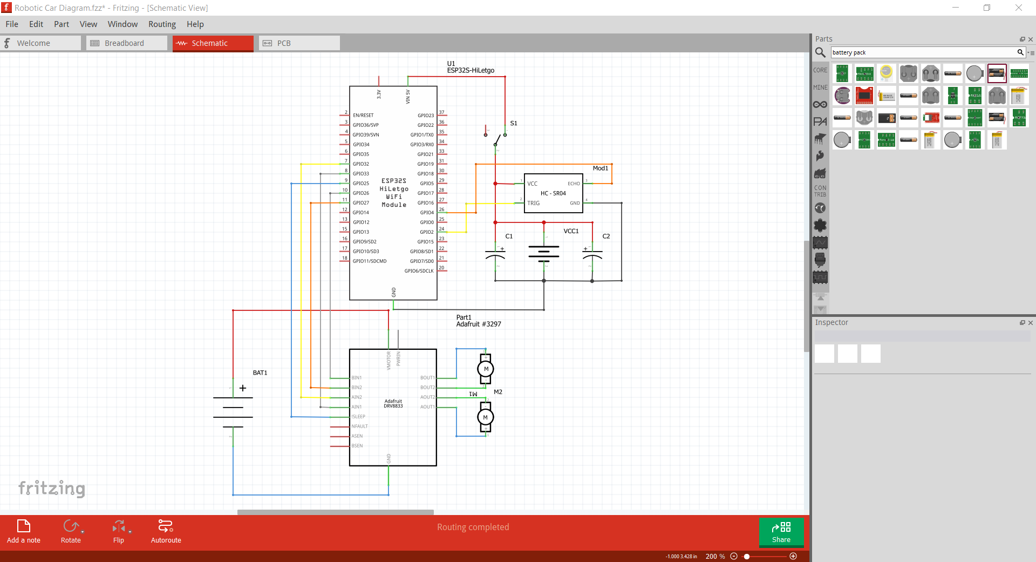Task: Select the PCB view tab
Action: click(x=299, y=43)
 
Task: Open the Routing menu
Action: click(x=162, y=24)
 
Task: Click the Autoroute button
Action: click(x=166, y=531)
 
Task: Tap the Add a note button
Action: click(x=24, y=531)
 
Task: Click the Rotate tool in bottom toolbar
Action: click(x=71, y=531)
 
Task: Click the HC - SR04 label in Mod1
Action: click(x=553, y=193)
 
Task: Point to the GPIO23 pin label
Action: click(x=425, y=116)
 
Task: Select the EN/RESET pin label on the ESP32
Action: click(x=363, y=116)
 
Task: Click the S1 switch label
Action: click(x=514, y=123)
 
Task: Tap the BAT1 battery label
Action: click(x=260, y=373)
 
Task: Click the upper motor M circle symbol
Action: click(x=486, y=369)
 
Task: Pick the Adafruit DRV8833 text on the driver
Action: click(x=393, y=404)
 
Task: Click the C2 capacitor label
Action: click(x=606, y=236)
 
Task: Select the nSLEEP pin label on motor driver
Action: click(x=358, y=417)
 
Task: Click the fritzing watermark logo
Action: click(x=52, y=488)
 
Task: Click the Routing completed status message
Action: click(x=473, y=527)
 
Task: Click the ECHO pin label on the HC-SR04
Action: click(x=574, y=184)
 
